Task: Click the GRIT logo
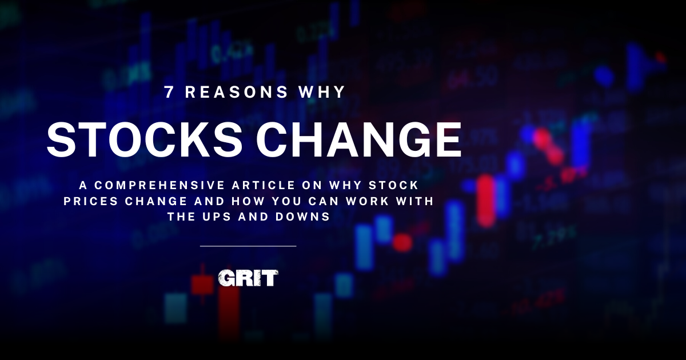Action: tap(248, 278)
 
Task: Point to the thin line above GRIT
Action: tap(248, 246)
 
